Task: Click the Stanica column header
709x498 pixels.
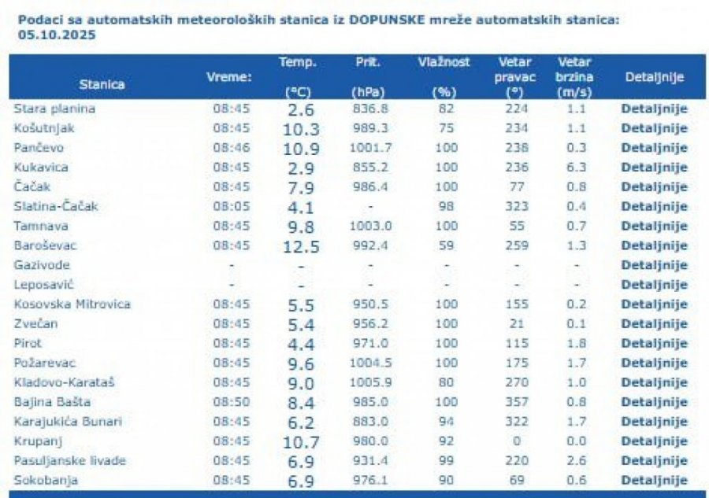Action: (x=102, y=84)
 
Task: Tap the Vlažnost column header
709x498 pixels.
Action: (x=444, y=62)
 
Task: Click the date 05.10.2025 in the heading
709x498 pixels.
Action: (x=53, y=35)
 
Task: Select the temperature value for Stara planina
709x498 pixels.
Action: (x=301, y=109)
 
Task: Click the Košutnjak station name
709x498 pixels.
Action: (x=44, y=128)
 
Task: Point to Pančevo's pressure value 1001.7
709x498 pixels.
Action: (x=369, y=148)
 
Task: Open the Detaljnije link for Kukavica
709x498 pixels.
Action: (x=654, y=168)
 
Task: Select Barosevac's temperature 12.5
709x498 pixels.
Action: (x=301, y=246)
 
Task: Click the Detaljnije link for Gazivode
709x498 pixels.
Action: (x=654, y=265)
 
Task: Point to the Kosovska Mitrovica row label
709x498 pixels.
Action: (x=72, y=304)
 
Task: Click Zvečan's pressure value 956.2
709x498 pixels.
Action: (x=369, y=324)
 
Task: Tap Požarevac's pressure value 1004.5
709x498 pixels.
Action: (x=369, y=363)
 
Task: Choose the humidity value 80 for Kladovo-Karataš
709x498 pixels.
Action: (x=446, y=382)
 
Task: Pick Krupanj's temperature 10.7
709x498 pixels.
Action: (x=301, y=441)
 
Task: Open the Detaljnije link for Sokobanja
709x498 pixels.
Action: (x=654, y=481)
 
